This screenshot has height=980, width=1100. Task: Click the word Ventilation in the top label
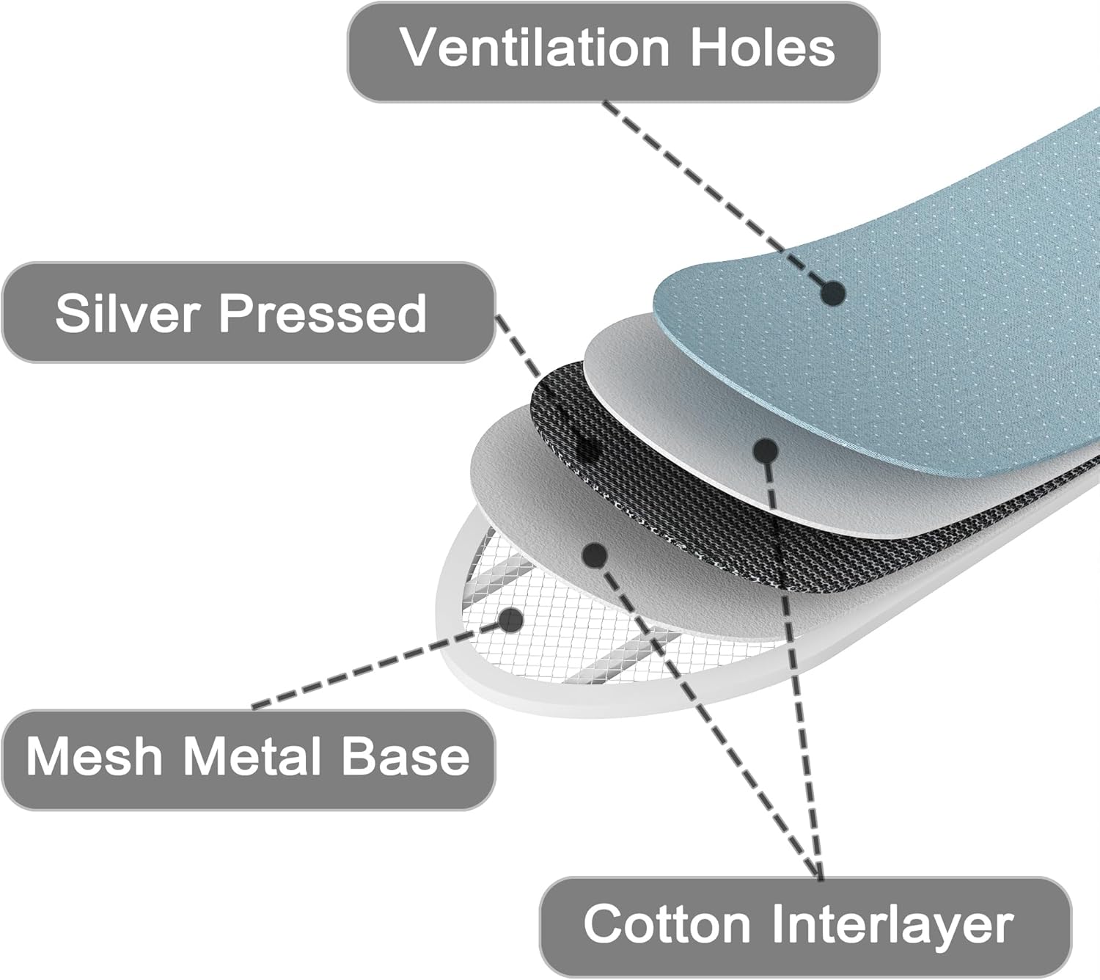535,48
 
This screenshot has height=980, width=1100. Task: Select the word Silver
128,313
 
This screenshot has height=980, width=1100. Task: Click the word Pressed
323,313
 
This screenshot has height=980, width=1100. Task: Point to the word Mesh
94,756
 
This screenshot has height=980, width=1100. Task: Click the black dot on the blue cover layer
833,293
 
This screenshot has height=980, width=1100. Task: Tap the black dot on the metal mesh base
510,620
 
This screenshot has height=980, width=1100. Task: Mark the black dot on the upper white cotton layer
766,451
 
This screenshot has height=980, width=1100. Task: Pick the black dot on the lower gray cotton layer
595,555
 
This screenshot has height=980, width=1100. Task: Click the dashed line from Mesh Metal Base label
380,664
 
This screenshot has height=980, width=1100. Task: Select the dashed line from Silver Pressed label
543,383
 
